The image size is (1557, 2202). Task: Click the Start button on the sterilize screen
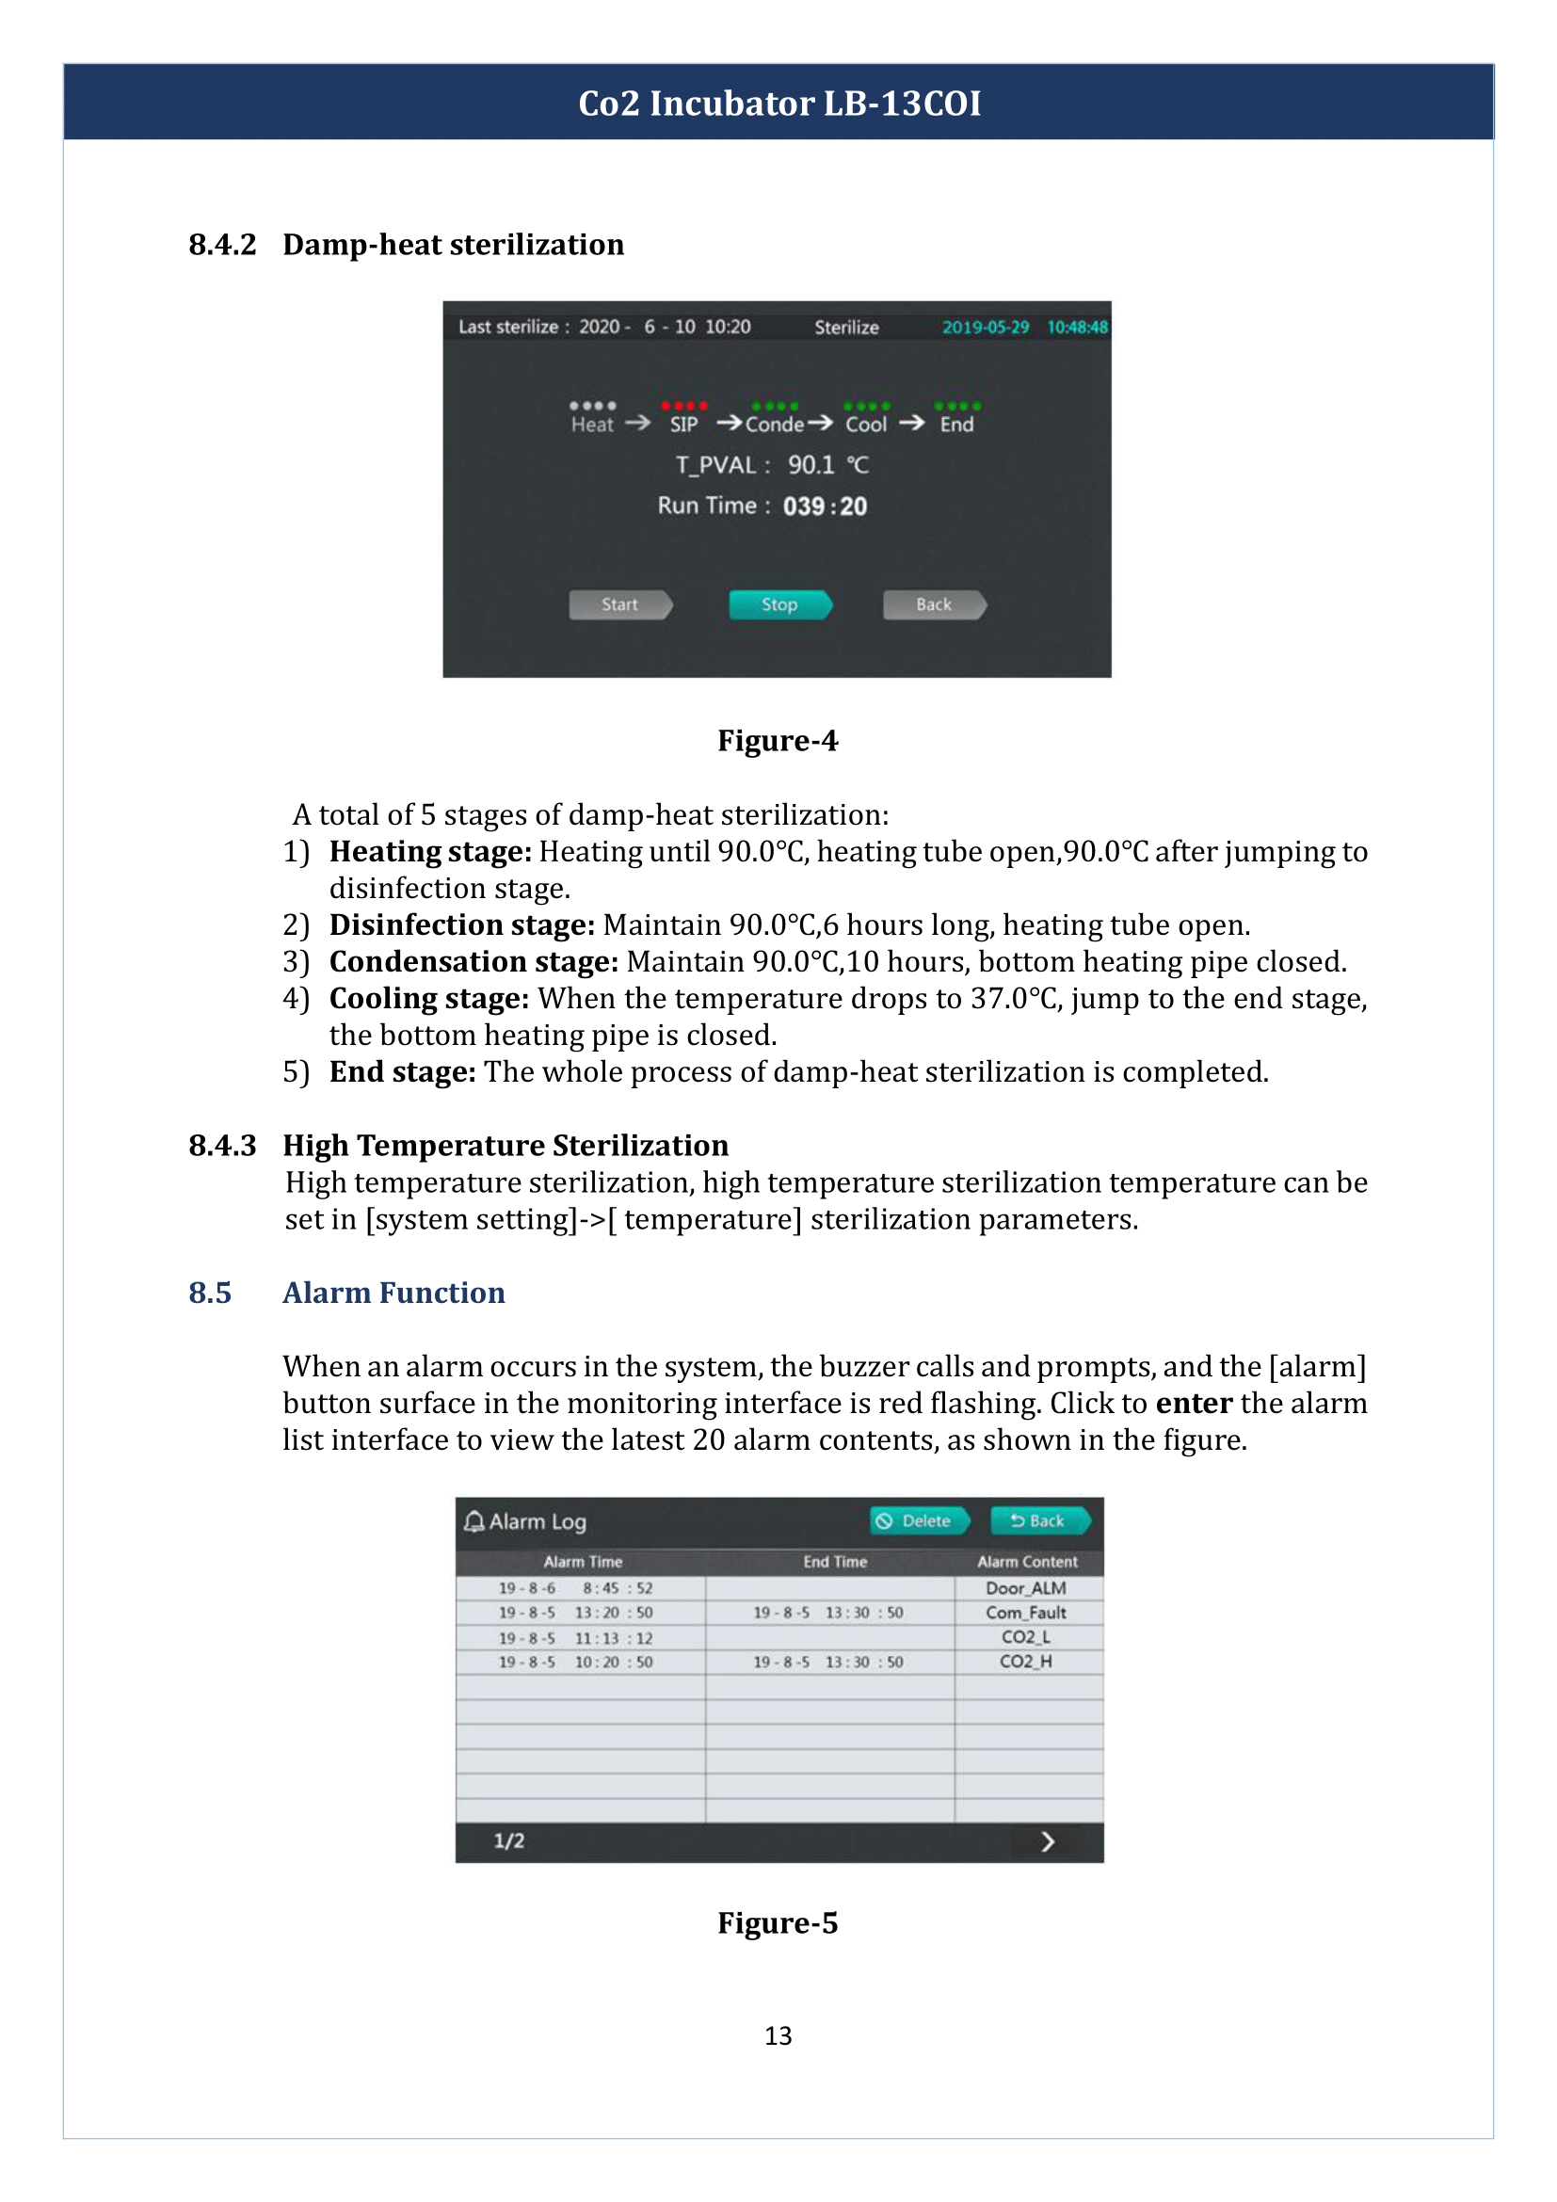click(x=619, y=605)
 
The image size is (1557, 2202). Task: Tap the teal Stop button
click(x=779, y=605)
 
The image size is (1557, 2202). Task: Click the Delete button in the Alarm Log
click(x=919, y=1521)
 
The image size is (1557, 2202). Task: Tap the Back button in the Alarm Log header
click(x=1039, y=1521)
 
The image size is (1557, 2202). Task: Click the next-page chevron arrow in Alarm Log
click(x=1047, y=1841)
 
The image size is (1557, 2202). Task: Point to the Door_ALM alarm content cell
click(x=1026, y=1588)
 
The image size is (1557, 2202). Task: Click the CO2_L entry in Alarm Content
click(x=1026, y=1637)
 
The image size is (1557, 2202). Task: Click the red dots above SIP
click(x=683, y=406)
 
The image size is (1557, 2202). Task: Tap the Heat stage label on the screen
click(x=591, y=425)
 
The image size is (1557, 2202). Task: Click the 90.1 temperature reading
click(x=811, y=465)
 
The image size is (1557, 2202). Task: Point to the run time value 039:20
click(x=825, y=506)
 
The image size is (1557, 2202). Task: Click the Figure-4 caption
click(x=778, y=741)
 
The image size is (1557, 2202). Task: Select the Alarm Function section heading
click(x=393, y=1293)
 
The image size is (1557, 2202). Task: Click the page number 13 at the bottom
click(x=778, y=2036)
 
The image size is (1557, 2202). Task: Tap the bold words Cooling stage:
click(x=428, y=998)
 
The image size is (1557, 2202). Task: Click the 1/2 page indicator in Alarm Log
click(x=509, y=1841)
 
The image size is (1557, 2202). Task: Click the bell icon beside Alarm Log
click(x=474, y=1522)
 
